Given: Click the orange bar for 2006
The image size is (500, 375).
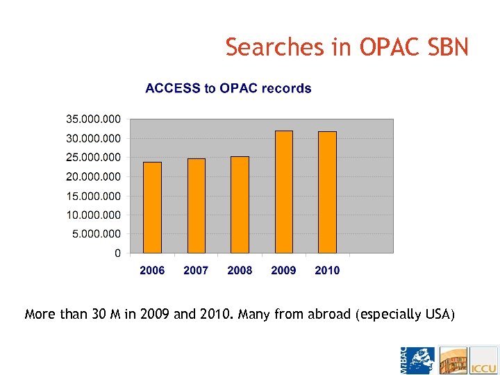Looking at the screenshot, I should point(152,208).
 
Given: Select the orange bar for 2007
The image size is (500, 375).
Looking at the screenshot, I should point(197,206).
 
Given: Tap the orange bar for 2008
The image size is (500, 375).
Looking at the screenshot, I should point(240,205).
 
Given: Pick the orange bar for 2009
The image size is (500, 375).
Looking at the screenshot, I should point(284,192).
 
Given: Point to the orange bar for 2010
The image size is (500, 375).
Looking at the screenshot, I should point(328,192).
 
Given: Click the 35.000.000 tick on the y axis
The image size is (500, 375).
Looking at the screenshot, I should point(93,119).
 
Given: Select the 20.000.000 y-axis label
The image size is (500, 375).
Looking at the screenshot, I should point(93,176).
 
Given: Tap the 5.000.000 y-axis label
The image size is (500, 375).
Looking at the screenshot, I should point(96,233).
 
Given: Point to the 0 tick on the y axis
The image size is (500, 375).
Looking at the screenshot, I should point(118,253).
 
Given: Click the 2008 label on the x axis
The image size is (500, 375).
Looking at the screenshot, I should point(240,270).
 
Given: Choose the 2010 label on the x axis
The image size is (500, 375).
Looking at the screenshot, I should point(328,270).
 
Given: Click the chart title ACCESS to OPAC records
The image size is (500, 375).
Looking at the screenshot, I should point(228,88).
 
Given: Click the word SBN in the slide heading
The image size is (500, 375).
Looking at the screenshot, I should point(449,47).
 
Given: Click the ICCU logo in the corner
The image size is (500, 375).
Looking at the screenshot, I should point(484,360).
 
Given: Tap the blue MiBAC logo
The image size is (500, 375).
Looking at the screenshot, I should point(417,360).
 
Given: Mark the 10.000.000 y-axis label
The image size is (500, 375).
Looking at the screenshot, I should point(93,215).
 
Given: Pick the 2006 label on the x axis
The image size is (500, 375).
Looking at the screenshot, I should point(152,270).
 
